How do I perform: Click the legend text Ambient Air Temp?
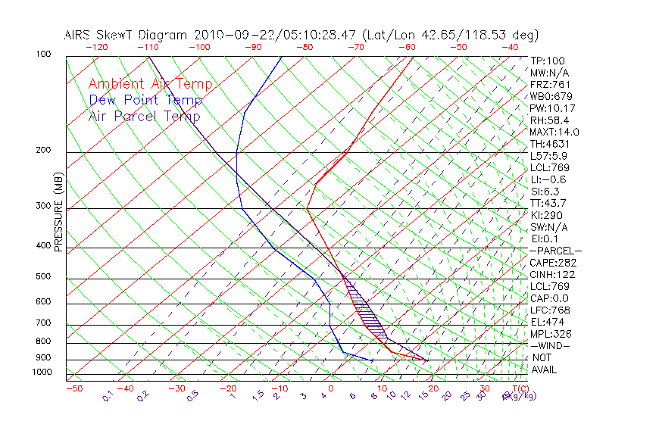[150, 84]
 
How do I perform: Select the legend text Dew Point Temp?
[145, 100]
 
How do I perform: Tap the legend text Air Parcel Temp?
[144, 116]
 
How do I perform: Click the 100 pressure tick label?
[43, 55]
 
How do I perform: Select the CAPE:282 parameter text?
[554, 263]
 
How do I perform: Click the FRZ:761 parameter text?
[551, 84]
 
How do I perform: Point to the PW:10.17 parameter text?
[553, 108]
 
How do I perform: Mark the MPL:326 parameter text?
[552, 334]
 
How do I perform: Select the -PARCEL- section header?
[555, 251]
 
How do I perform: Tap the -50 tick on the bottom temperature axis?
[73, 388]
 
